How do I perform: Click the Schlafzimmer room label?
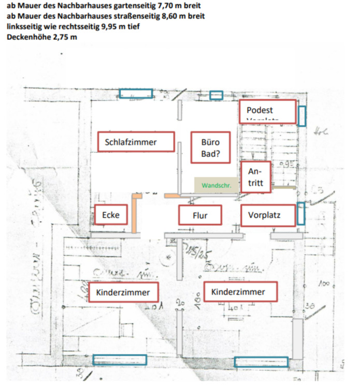136,142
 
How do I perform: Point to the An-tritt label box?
255,177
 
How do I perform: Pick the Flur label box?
200,215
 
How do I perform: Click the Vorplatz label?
268,215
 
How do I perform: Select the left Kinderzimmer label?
123,292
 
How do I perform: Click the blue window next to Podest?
302,115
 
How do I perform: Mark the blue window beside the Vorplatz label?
301,214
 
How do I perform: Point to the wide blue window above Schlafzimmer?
136,94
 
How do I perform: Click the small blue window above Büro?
216,95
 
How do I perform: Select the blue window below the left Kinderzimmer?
119,360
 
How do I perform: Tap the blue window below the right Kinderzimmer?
261,362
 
